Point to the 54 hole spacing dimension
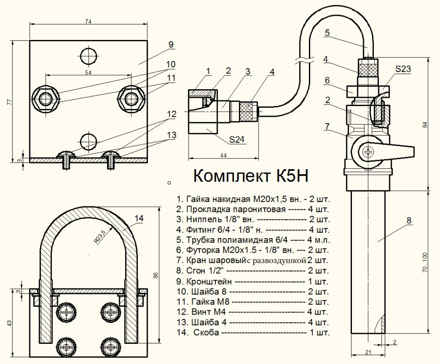[88, 73]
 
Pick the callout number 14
[138, 218]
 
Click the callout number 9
[171, 44]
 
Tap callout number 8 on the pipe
[409, 221]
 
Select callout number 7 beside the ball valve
[327, 126]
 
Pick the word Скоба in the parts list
[206, 333]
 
